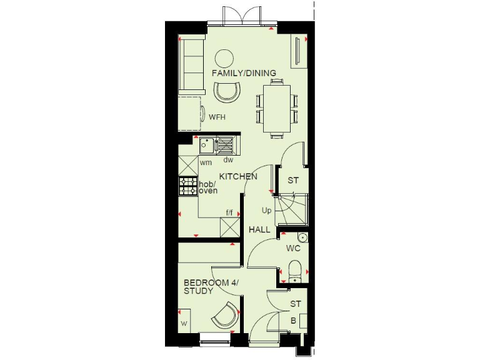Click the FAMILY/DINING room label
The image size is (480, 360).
tap(244, 73)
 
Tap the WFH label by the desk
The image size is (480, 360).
tap(217, 117)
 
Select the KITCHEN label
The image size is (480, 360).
tap(238, 177)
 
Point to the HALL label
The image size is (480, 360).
tap(260, 230)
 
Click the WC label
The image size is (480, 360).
tap(294, 248)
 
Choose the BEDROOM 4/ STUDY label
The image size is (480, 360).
tap(207, 287)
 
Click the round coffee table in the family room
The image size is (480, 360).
tap(224, 59)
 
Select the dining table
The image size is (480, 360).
tap(276, 107)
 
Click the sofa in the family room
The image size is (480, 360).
tap(189, 63)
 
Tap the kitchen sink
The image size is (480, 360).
tap(206, 146)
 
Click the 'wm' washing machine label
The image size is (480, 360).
tap(205, 162)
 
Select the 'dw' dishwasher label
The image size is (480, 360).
tap(228, 160)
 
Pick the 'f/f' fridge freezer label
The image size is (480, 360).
tap(230, 213)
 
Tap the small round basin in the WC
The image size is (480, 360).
tap(302, 237)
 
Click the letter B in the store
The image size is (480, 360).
tap(293, 321)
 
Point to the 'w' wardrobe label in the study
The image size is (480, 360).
tap(184, 324)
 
